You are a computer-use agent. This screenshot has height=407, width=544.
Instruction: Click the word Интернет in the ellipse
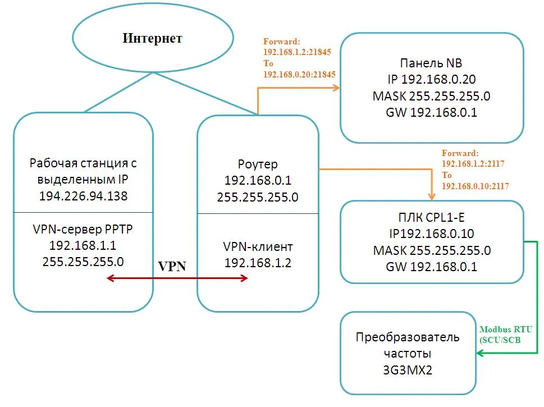tap(153, 39)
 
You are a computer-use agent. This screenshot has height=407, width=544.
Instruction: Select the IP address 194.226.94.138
tap(83, 196)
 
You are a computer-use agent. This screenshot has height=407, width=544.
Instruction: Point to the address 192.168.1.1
tap(83, 245)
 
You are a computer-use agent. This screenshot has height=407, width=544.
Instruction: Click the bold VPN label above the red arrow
tap(172, 267)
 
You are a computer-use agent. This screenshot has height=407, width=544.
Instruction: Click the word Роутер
tap(258, 165)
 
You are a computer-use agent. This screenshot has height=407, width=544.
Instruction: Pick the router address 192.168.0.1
tap(258, 181)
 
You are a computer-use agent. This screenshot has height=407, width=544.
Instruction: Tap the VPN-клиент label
tap(258, 246)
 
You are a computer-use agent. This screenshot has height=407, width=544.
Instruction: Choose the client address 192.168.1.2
tap(258, 262)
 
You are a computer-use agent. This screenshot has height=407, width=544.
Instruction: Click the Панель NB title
tap(431, 63)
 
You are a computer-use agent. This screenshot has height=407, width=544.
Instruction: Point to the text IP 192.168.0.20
tap(431, 79)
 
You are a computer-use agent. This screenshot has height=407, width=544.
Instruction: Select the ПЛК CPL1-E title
tap(431, 218)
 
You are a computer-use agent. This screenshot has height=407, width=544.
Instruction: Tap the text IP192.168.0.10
tap(431, 234)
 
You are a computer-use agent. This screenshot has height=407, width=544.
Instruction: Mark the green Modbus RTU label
tap(505, 330)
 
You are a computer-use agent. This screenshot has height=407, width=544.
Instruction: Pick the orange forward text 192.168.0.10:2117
tap(476, 186)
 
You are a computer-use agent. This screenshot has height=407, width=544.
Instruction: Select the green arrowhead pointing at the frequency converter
tap(481, 353)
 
